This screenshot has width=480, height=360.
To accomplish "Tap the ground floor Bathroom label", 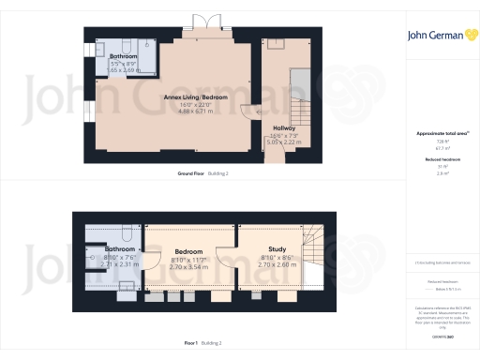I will pos(124,57).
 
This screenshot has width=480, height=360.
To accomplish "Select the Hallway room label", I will pos(284,127).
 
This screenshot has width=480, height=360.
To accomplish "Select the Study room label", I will pos(277,249).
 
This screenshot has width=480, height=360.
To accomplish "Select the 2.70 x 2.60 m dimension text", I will pos(277,264).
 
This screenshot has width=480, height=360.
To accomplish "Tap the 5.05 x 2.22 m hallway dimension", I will pos(284,142).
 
